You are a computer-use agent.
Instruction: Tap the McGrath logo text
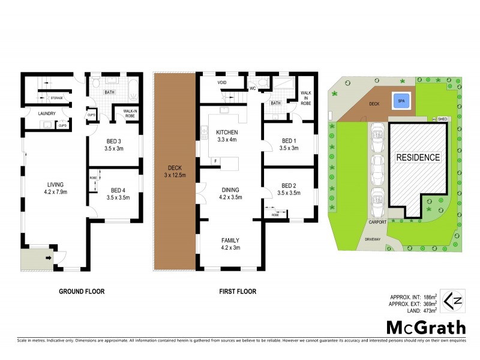click(x=425, y=328)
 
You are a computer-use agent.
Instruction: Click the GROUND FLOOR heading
click(x=82, y=292)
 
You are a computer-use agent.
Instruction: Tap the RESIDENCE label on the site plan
click(x=418, y=158)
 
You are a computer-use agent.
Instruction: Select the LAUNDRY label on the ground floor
click(x=46, y=113)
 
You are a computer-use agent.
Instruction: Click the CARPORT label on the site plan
click(x=378, y=222)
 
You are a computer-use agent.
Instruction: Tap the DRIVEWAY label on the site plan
click(x=374, y=239)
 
